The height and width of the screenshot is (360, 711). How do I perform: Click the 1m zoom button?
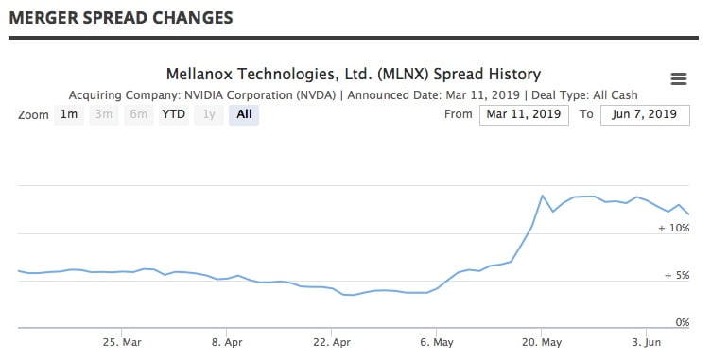[69, 115]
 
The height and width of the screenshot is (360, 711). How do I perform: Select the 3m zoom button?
[104, 115]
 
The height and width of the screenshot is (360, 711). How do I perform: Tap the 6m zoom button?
[138, 115]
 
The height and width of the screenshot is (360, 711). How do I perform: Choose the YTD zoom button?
[173, 115]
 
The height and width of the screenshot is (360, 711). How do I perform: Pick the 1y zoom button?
[209, 115]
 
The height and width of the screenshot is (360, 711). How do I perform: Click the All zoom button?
[244, 115]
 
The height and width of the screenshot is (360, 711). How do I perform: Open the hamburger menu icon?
[678, 78]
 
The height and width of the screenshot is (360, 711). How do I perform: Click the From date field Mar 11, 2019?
[524, 115]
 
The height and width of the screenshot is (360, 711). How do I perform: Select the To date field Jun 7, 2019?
[644, 115]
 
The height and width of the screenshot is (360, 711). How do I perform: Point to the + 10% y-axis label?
[673, 229]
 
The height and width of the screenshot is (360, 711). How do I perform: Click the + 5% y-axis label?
[676, 276]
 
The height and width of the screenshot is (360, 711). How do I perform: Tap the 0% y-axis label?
[681, 322]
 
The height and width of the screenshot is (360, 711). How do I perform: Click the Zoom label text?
[33, 115]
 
